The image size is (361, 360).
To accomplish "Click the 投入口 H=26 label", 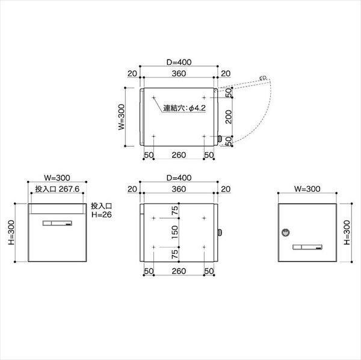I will [102, 210].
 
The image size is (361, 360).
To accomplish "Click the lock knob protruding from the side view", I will [219, 232].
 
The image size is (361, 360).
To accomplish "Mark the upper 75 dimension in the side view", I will [175, 210].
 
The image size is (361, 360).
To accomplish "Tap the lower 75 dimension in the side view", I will [175, 254].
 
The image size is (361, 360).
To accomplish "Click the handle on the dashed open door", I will [263, 78].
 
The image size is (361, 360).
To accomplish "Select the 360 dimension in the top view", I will [178, 73].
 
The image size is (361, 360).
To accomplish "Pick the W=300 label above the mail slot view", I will [58, 177].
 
